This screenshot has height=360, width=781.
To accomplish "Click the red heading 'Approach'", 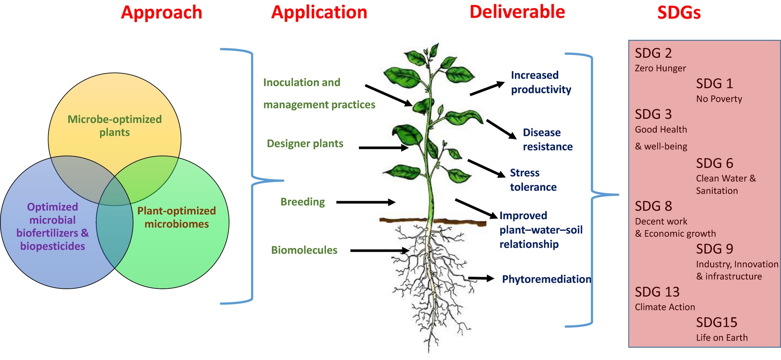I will (x=161, y=12).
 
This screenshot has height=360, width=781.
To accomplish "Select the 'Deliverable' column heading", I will (x=517, y=12).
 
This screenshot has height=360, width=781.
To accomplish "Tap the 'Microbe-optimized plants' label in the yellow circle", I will (x=115, y=126).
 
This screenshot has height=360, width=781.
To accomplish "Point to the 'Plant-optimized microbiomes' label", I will (x=177, y=217).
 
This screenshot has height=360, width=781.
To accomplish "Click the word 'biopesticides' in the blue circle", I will (x=52, y=246).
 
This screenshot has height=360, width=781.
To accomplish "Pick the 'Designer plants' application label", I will (x=305, y=143).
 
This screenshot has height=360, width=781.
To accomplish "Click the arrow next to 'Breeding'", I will (x=366, y=202).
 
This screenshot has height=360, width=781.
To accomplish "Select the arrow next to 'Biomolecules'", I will (x=379, y=251).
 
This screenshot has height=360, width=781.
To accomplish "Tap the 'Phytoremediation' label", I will (x=546, y=279).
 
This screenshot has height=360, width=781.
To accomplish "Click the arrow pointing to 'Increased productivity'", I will (x=487, y=89).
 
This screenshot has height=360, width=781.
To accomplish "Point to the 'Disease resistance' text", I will (x=548, y=139).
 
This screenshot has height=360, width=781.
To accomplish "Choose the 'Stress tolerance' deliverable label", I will (x=533, y=180).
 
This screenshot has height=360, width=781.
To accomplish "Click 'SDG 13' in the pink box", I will (x=657, y=292).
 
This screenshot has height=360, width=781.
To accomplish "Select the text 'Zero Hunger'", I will (x=660, y=69).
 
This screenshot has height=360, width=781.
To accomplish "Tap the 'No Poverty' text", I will (x=719, y=99).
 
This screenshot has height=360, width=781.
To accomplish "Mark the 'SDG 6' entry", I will (x=714, y=163).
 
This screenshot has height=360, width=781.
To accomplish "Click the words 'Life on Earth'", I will (x=722, y=338).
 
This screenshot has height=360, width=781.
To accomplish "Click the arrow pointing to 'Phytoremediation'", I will (x=481, y=279).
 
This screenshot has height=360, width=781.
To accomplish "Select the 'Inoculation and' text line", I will (x=302, y=83).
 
